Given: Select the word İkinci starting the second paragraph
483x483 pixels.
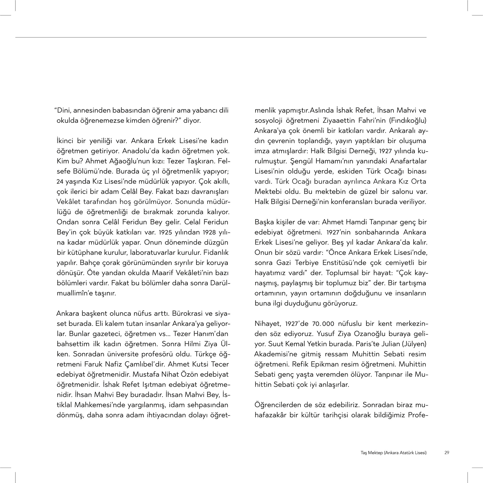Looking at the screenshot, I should point(65,141).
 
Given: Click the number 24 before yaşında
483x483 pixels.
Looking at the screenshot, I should point(60,181).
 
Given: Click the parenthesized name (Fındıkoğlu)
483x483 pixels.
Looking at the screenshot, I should point(408,121).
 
